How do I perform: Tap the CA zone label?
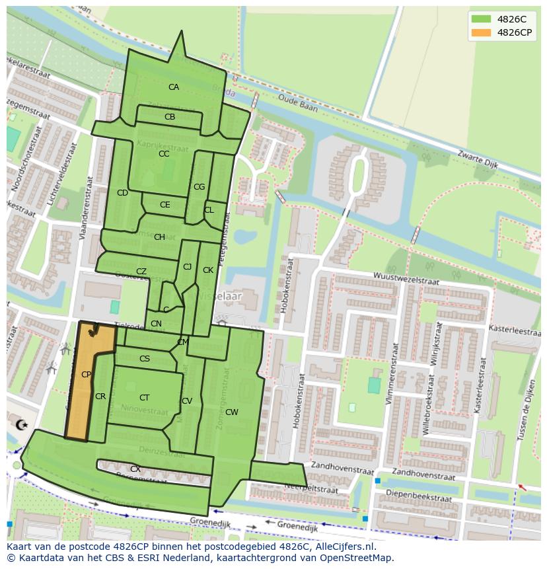click(173, 87)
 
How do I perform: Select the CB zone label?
click(170, 117)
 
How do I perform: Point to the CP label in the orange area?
click(86, 375)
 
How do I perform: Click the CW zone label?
click(231, 412)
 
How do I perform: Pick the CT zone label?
click(144, 398)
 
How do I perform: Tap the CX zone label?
click(135, 469)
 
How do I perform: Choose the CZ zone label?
click(141, 272)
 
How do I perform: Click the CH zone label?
click(159, 237)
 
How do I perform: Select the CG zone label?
click(199, 187)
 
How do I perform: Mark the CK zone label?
click(208, 270)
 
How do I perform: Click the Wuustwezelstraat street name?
click(406, 278)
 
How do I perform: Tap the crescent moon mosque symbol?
click(20, 424)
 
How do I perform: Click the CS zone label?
click(145, 359)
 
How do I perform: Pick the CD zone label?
click(122, 193)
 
